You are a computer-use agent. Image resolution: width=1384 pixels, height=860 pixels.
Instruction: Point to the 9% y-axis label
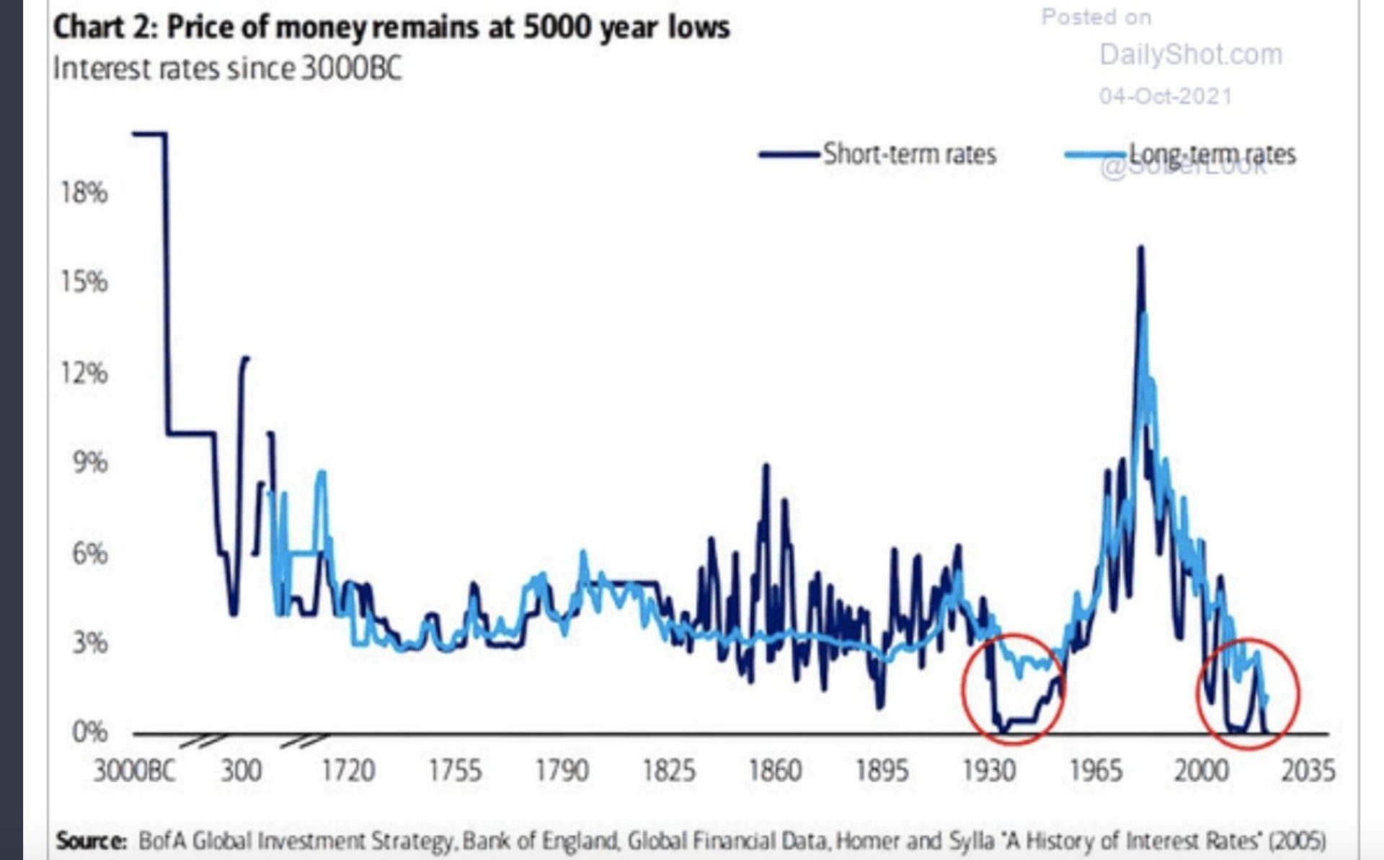click(x=89, y=462)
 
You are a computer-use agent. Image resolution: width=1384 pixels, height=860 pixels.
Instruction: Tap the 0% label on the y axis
click(x=89, y=732)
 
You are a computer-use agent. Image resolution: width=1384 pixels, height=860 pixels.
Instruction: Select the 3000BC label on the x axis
click(x=134, y=771)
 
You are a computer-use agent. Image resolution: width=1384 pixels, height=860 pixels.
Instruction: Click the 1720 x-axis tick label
click(x=347, y=771)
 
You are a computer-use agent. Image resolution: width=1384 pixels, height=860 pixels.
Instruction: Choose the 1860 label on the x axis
click(x=775, y=771)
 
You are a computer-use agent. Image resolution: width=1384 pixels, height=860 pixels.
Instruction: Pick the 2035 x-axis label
click(x=1308, y=771)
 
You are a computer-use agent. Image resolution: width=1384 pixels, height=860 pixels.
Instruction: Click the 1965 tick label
click(x=1095, y=771)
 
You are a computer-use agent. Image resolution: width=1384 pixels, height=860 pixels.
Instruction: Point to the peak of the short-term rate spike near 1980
click(x=1140, y=249)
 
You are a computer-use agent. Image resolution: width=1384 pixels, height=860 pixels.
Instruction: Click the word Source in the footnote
click(x=91, y=841)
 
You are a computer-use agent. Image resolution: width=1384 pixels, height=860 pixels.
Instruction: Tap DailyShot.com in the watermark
click(x=1191, y=55)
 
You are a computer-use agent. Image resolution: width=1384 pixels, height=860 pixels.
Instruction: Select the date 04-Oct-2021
click(x=1166, y=96)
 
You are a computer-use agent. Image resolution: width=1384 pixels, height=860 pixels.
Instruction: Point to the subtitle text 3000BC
click(x=351, y=69)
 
